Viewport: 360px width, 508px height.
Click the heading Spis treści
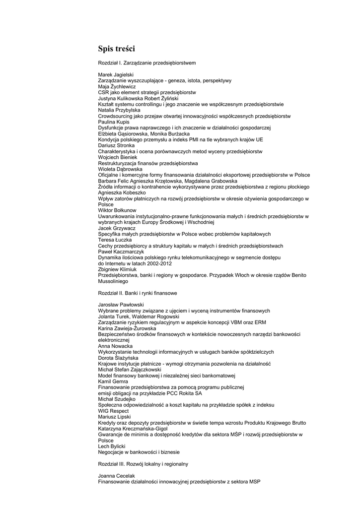pos(116,49)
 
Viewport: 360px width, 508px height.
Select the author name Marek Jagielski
pos(113,74)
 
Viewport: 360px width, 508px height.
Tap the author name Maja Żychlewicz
pos(113,86)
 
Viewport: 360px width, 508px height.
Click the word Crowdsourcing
pos(116,116)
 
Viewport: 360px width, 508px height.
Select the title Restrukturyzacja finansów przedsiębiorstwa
pos(148,163)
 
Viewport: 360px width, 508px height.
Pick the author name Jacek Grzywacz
pos(113,228)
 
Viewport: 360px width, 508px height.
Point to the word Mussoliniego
pos(113,281)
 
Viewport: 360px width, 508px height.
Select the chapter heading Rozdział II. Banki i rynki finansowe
pos(138,293)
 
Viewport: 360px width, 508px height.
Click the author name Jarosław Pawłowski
pos(121,305)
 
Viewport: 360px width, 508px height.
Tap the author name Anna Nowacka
pos(112,346)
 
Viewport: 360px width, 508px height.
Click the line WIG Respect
pos(113,411)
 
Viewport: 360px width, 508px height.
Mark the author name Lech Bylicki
pos(111,446)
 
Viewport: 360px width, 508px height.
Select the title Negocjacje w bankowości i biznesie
pos(139,452)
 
